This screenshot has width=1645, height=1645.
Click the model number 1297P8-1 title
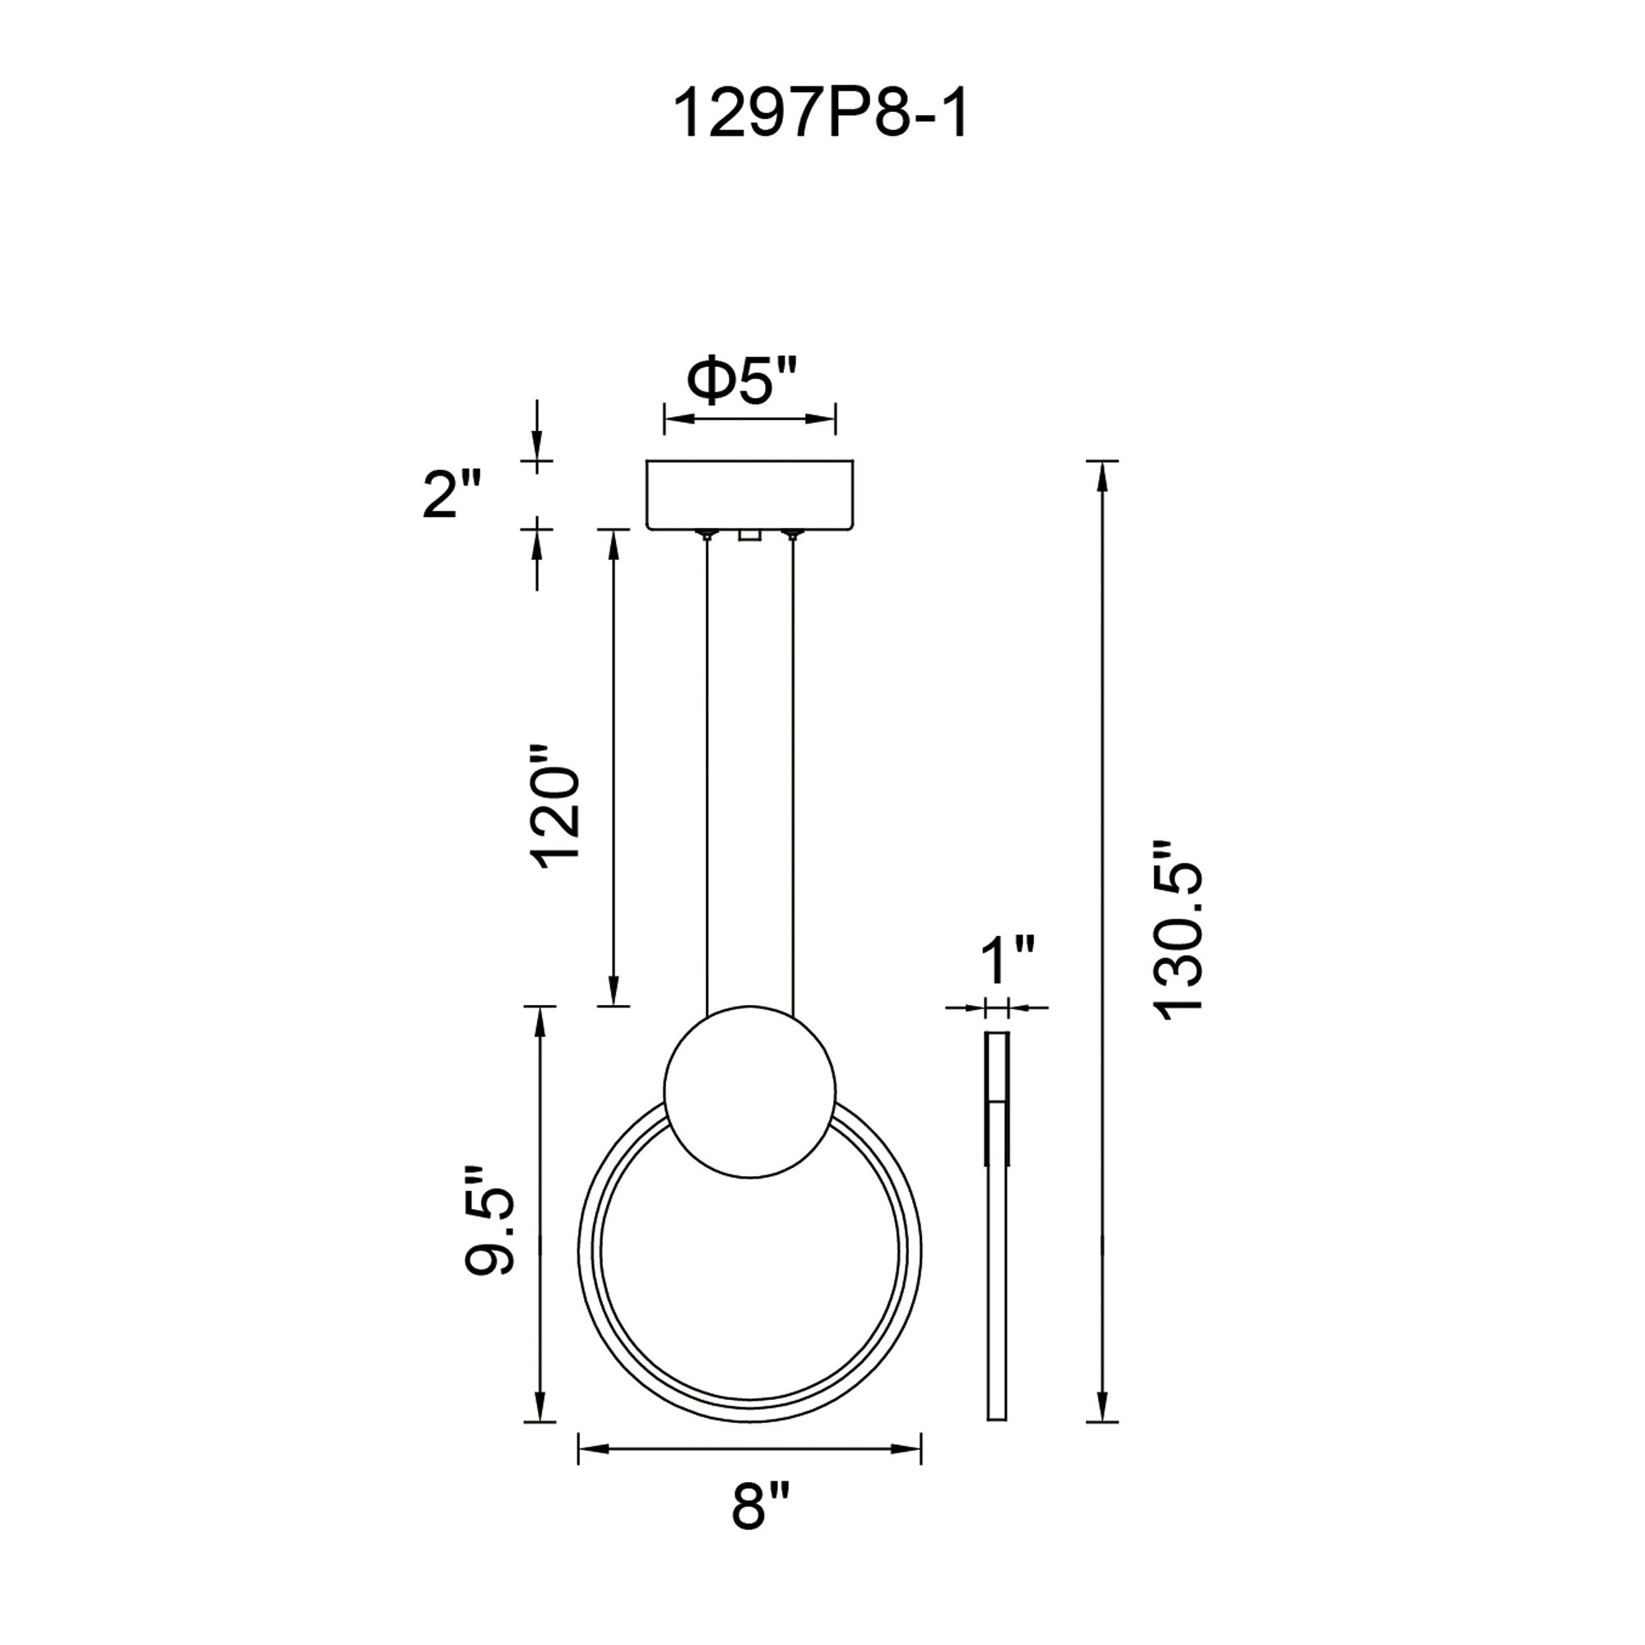tap(821, 115)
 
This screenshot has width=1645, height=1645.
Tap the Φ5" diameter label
tap(743, 381)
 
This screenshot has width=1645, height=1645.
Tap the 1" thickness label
tap(1008, 960)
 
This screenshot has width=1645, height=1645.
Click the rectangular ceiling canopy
tap(749, 494)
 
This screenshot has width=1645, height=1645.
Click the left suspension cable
tap(707, 767)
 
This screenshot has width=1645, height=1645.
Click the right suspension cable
tap(793, 767)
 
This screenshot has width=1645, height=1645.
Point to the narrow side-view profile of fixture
tap(996, 1226)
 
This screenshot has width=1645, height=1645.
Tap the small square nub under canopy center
tap(749, 535)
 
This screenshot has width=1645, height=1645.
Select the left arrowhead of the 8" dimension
tap(592, 1448)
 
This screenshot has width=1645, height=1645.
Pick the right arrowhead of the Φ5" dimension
tap(822, 419)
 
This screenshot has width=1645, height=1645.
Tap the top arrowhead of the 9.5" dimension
tap(538, 1021)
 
